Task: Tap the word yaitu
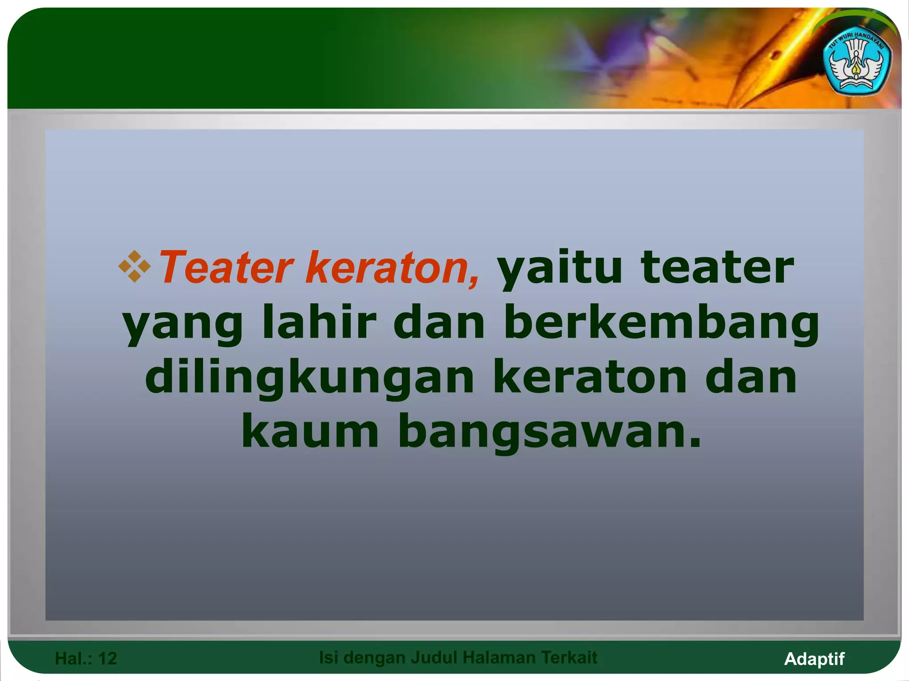pyautogui.click(x=559, y=268)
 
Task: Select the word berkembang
pyautogui.click(x=661, y=324)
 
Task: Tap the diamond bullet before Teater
pyautogui.click(x=134, y=266)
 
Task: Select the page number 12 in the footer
pyautogui.click(x=107, y=659)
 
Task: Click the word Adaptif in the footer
pyautogui.click(x=814, y=659)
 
